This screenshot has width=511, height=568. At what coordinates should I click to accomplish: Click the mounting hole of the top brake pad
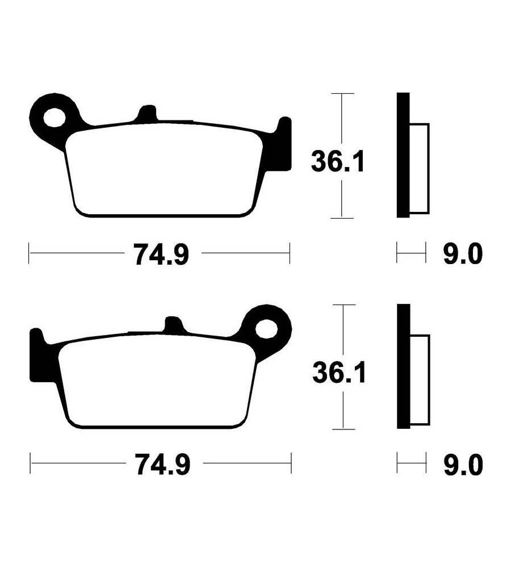[x=55, y=117]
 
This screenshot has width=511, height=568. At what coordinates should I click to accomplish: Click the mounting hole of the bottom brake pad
[x=266, y=329]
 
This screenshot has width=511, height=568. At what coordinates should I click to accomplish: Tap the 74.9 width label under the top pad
[x=162, y=254]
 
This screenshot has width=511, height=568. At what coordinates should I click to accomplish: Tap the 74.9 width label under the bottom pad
[x=163, y=464]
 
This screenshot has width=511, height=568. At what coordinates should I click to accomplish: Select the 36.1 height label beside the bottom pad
[x=340, y=372]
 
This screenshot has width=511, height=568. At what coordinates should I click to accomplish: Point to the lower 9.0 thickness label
[x=463, y=465]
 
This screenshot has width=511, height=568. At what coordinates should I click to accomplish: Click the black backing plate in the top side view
[x=403, y=155]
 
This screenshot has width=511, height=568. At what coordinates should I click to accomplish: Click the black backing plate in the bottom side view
[x=404, y=366]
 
